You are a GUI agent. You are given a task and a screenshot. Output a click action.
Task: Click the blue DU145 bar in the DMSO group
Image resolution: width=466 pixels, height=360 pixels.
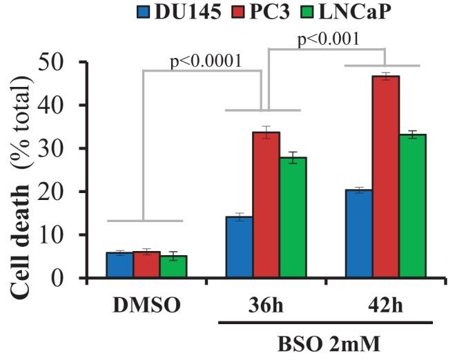pos(119,266)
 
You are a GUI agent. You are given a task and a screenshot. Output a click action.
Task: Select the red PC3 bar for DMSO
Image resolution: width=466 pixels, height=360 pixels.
pos(146,265)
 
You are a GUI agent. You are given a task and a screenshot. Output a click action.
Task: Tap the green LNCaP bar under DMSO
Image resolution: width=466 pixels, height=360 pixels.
pos(173,267)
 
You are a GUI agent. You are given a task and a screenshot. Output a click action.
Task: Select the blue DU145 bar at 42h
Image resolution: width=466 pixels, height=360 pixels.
pos(358,234)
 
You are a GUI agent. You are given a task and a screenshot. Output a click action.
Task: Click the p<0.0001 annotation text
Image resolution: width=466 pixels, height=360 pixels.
pos(206,61)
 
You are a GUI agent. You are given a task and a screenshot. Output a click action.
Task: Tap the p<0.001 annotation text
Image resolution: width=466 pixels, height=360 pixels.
pos(328,39)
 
